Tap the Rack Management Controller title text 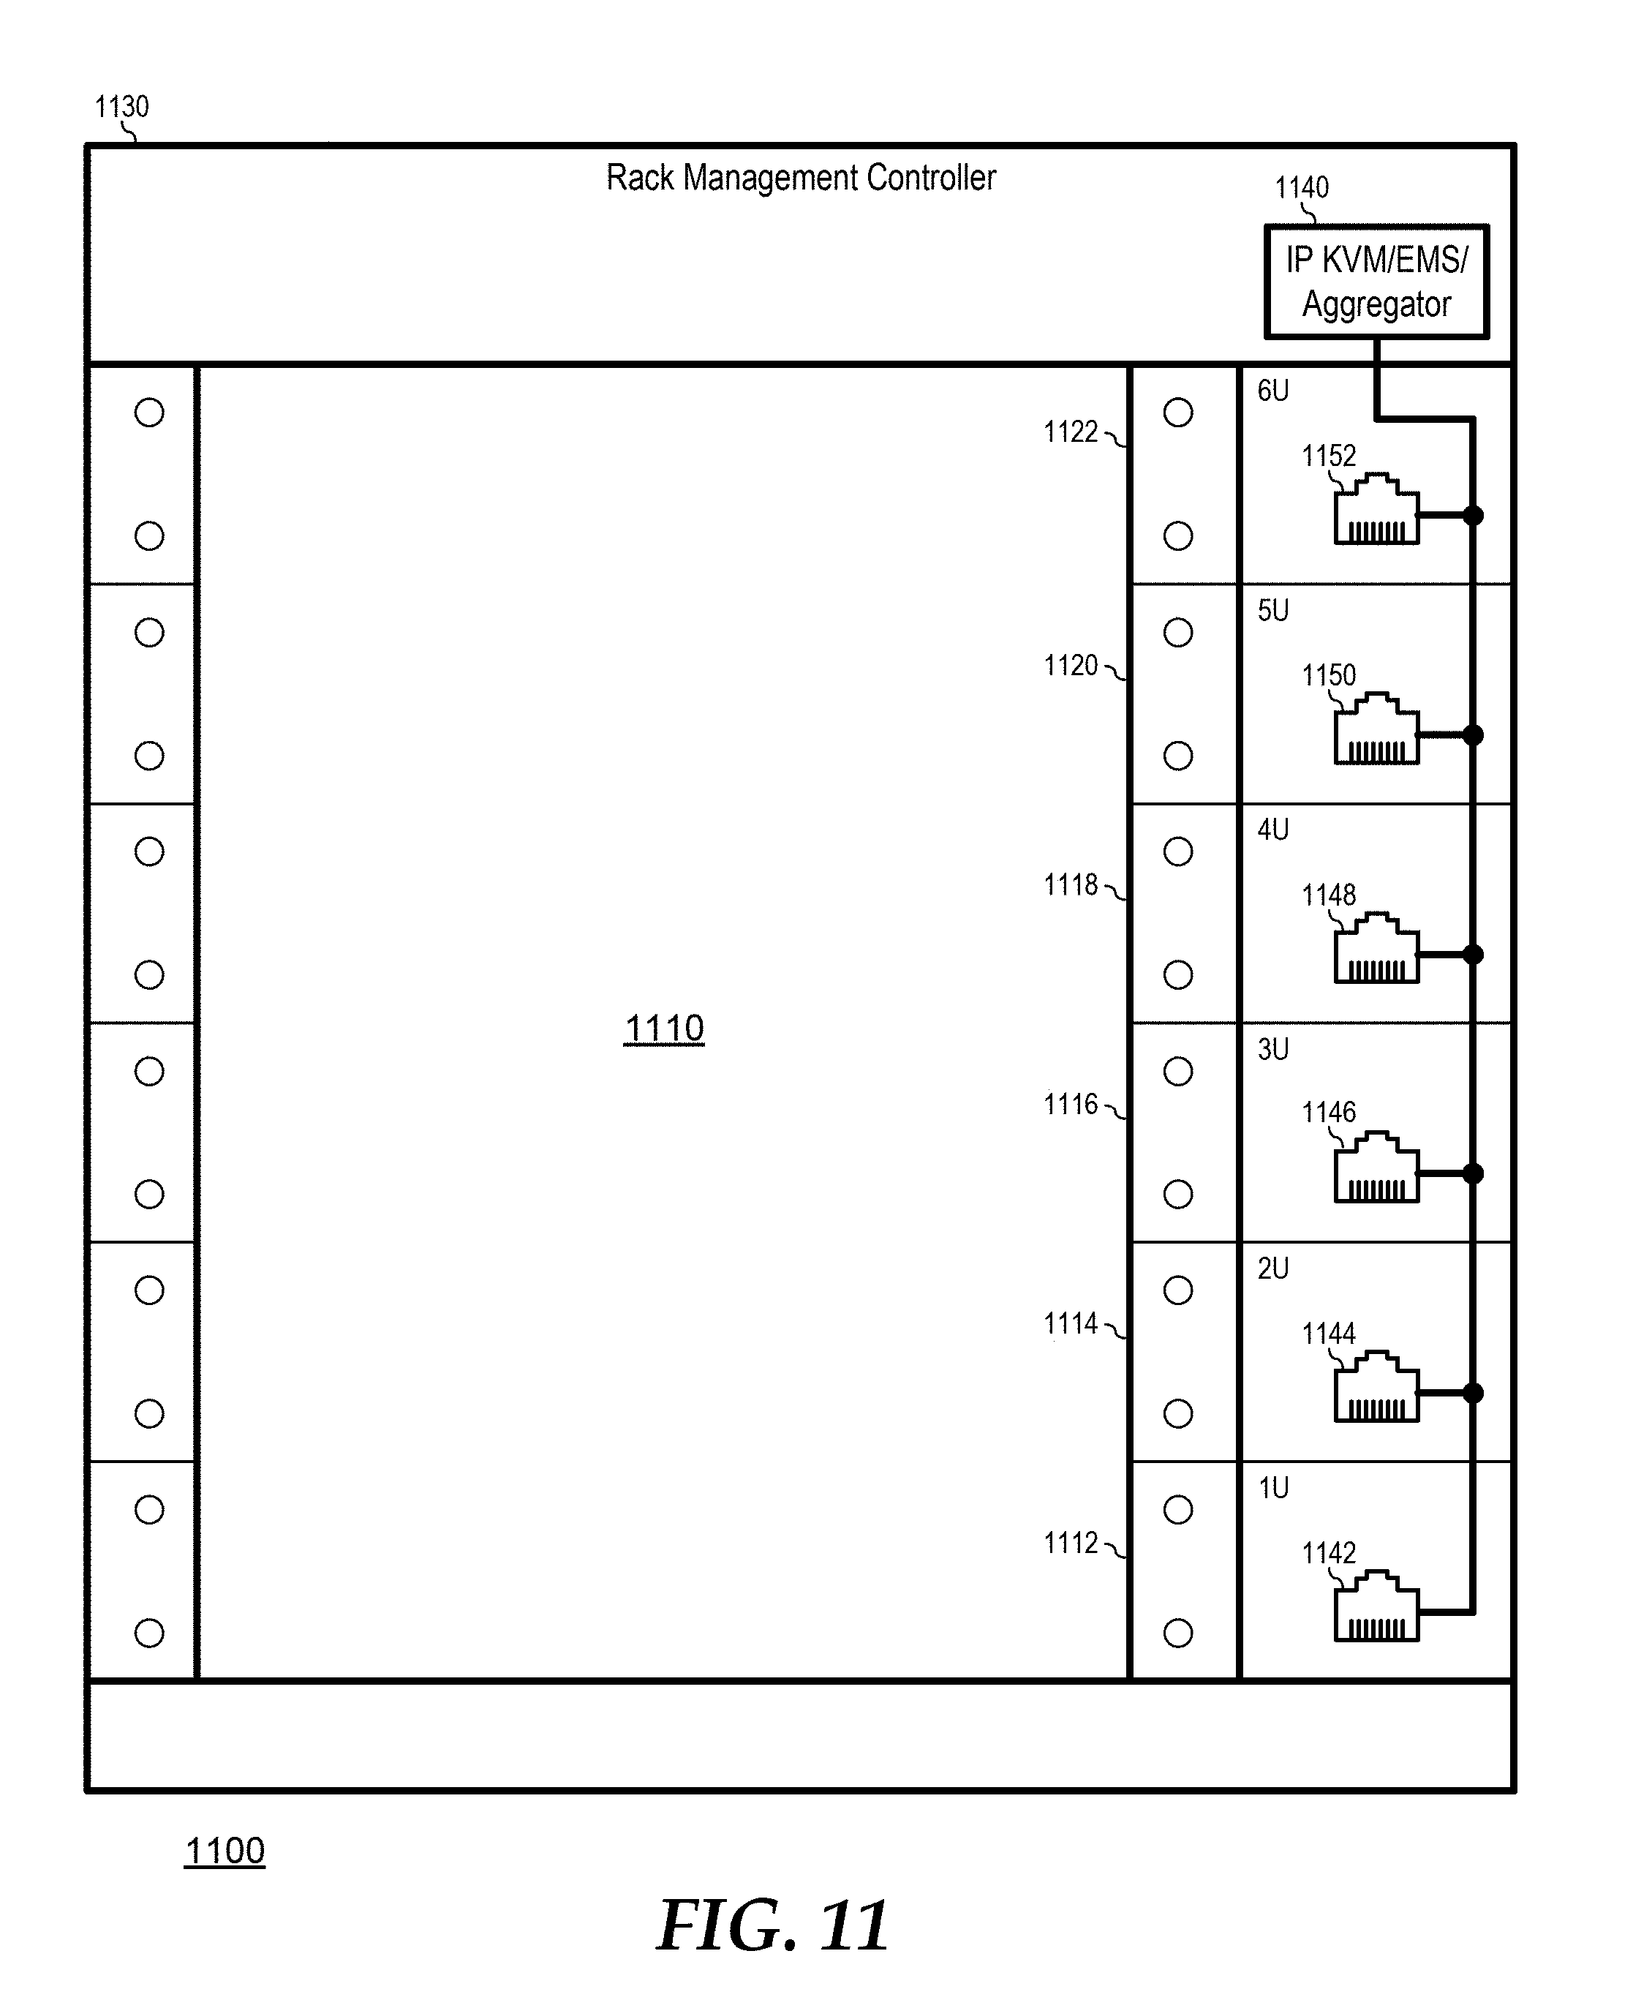coord(801,177)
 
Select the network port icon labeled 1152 coord(1376,509)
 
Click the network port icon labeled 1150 coord(1376,729)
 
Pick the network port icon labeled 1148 coord(1376,948)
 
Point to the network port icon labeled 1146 coord(1376,1168)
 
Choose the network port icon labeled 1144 coord(1376,1387)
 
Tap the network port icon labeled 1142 coord(1376,1606)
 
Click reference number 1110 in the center coord(664,1029)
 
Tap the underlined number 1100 coord(225,1851)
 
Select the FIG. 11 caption coord(772,1925)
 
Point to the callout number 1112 coord(1071,1543)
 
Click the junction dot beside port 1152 coord(1473,516)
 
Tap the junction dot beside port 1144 coord(1473,1394)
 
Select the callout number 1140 coord(1301,187)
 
